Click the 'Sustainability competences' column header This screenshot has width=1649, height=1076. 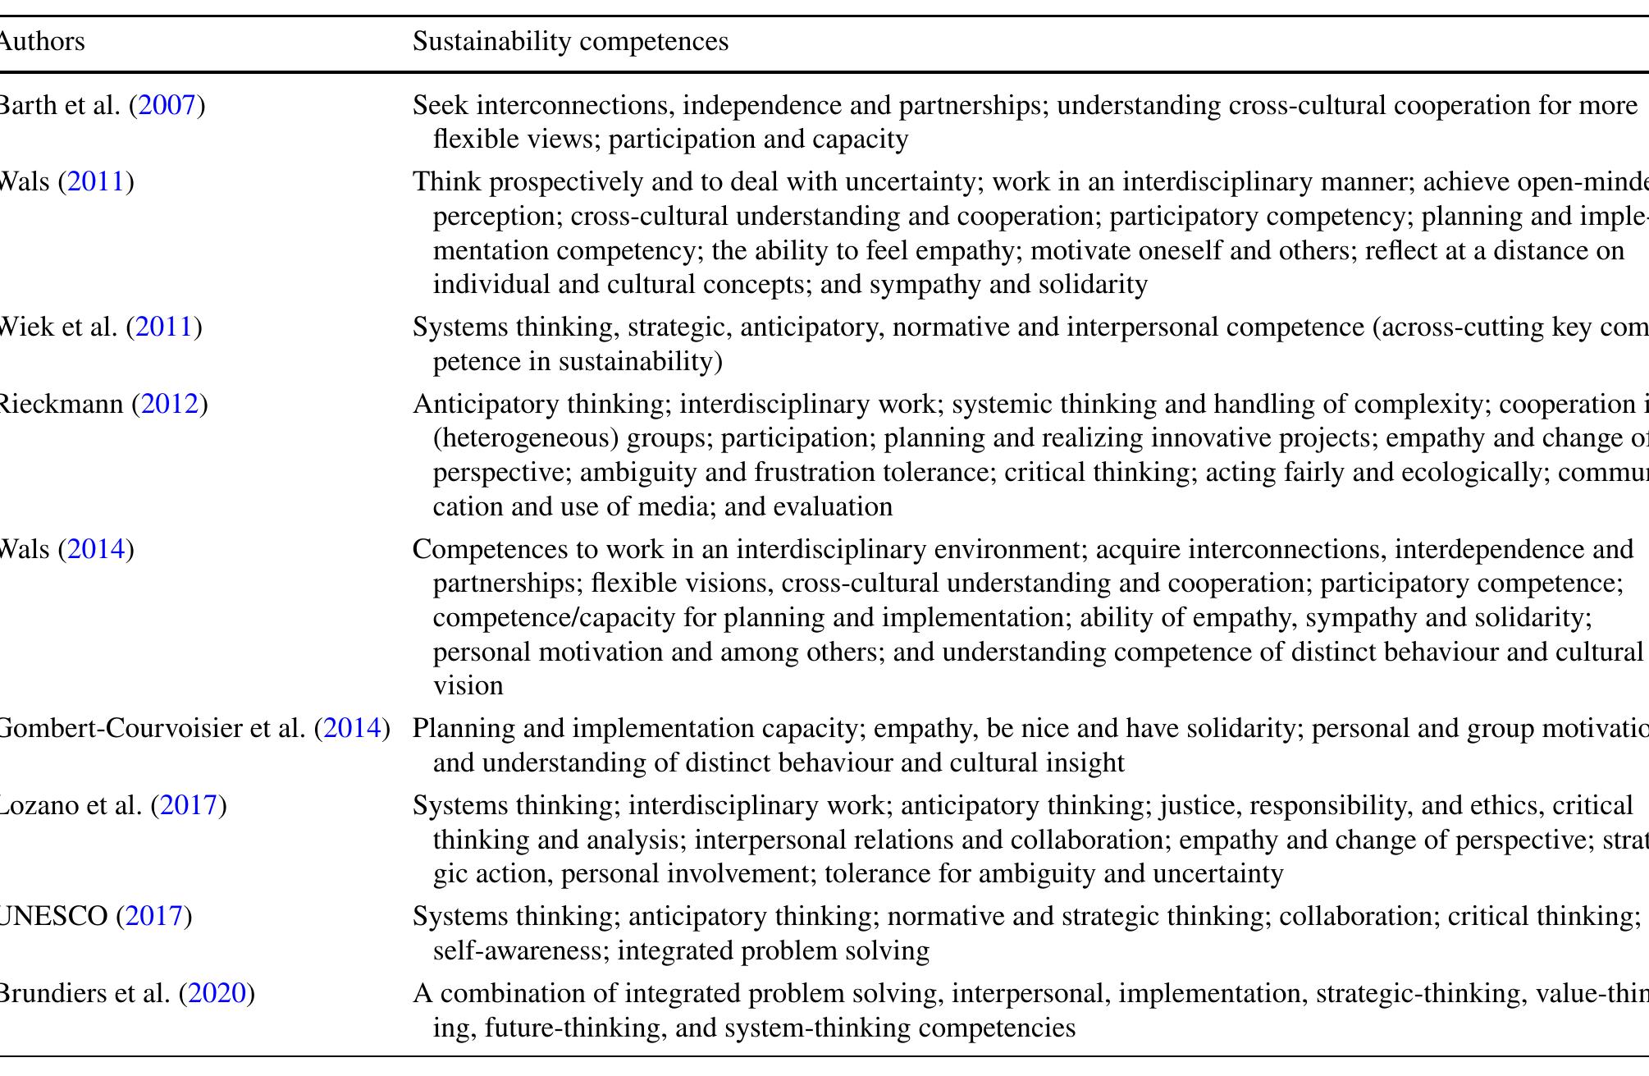570,41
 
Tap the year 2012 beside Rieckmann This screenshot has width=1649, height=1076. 170,404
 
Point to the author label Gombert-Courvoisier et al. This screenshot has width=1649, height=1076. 152,728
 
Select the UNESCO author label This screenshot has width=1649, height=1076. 53,916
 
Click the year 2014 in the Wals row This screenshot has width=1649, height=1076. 96,548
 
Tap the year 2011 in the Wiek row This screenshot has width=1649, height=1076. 164,327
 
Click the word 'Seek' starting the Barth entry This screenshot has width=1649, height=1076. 441,105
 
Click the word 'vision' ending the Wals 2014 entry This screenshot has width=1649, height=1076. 468,686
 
